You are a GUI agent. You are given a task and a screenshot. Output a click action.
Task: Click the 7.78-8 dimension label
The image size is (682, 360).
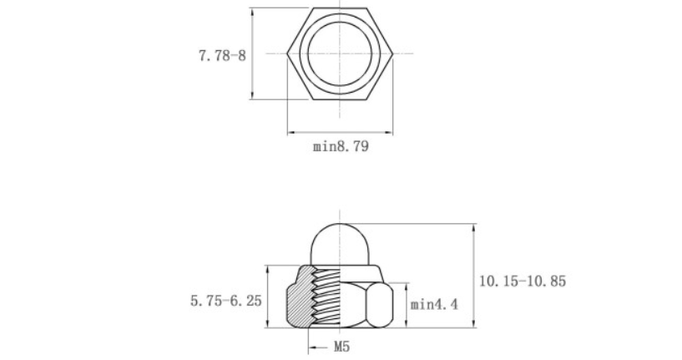tap(222, 56)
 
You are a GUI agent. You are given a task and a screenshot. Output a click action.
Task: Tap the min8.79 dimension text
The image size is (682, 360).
tap(341, 146)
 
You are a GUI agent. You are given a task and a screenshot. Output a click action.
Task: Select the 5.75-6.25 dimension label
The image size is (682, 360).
tap(226, 301)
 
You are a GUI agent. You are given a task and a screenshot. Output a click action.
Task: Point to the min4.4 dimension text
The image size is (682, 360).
tap(434, 304)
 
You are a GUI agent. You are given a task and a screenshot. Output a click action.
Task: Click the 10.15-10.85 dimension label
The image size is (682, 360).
tap(523, 281)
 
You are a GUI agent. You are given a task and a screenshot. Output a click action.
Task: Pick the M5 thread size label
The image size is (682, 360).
tap(342, 347)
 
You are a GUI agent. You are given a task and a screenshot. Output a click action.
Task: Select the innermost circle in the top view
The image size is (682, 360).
tap(340, 23)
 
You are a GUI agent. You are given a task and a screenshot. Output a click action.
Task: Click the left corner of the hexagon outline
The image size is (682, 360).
tap(287, 53)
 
